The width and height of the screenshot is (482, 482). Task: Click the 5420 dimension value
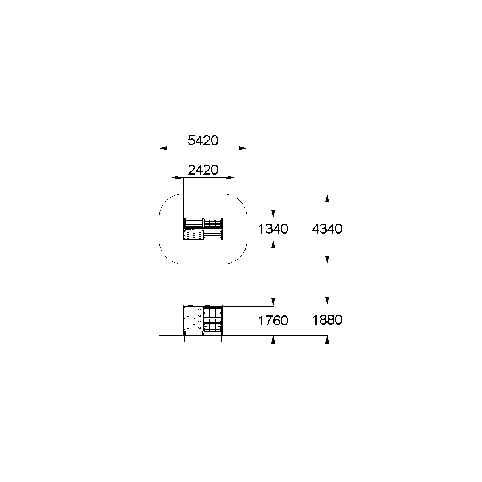tap(203, 140)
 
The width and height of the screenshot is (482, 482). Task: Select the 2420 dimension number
tap(203, 170)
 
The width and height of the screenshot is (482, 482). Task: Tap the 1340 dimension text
tap(273, 229)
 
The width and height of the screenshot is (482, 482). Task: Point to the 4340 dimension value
tap(327, 229)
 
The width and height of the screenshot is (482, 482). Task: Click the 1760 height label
tap(273, 321)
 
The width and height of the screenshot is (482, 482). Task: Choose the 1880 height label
tap(327, 320)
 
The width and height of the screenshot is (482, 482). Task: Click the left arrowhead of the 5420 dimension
tap(163, 148)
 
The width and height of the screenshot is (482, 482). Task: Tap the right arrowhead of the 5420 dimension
tap(243, 148)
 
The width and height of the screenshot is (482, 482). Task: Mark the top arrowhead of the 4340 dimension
tap(327, 198)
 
